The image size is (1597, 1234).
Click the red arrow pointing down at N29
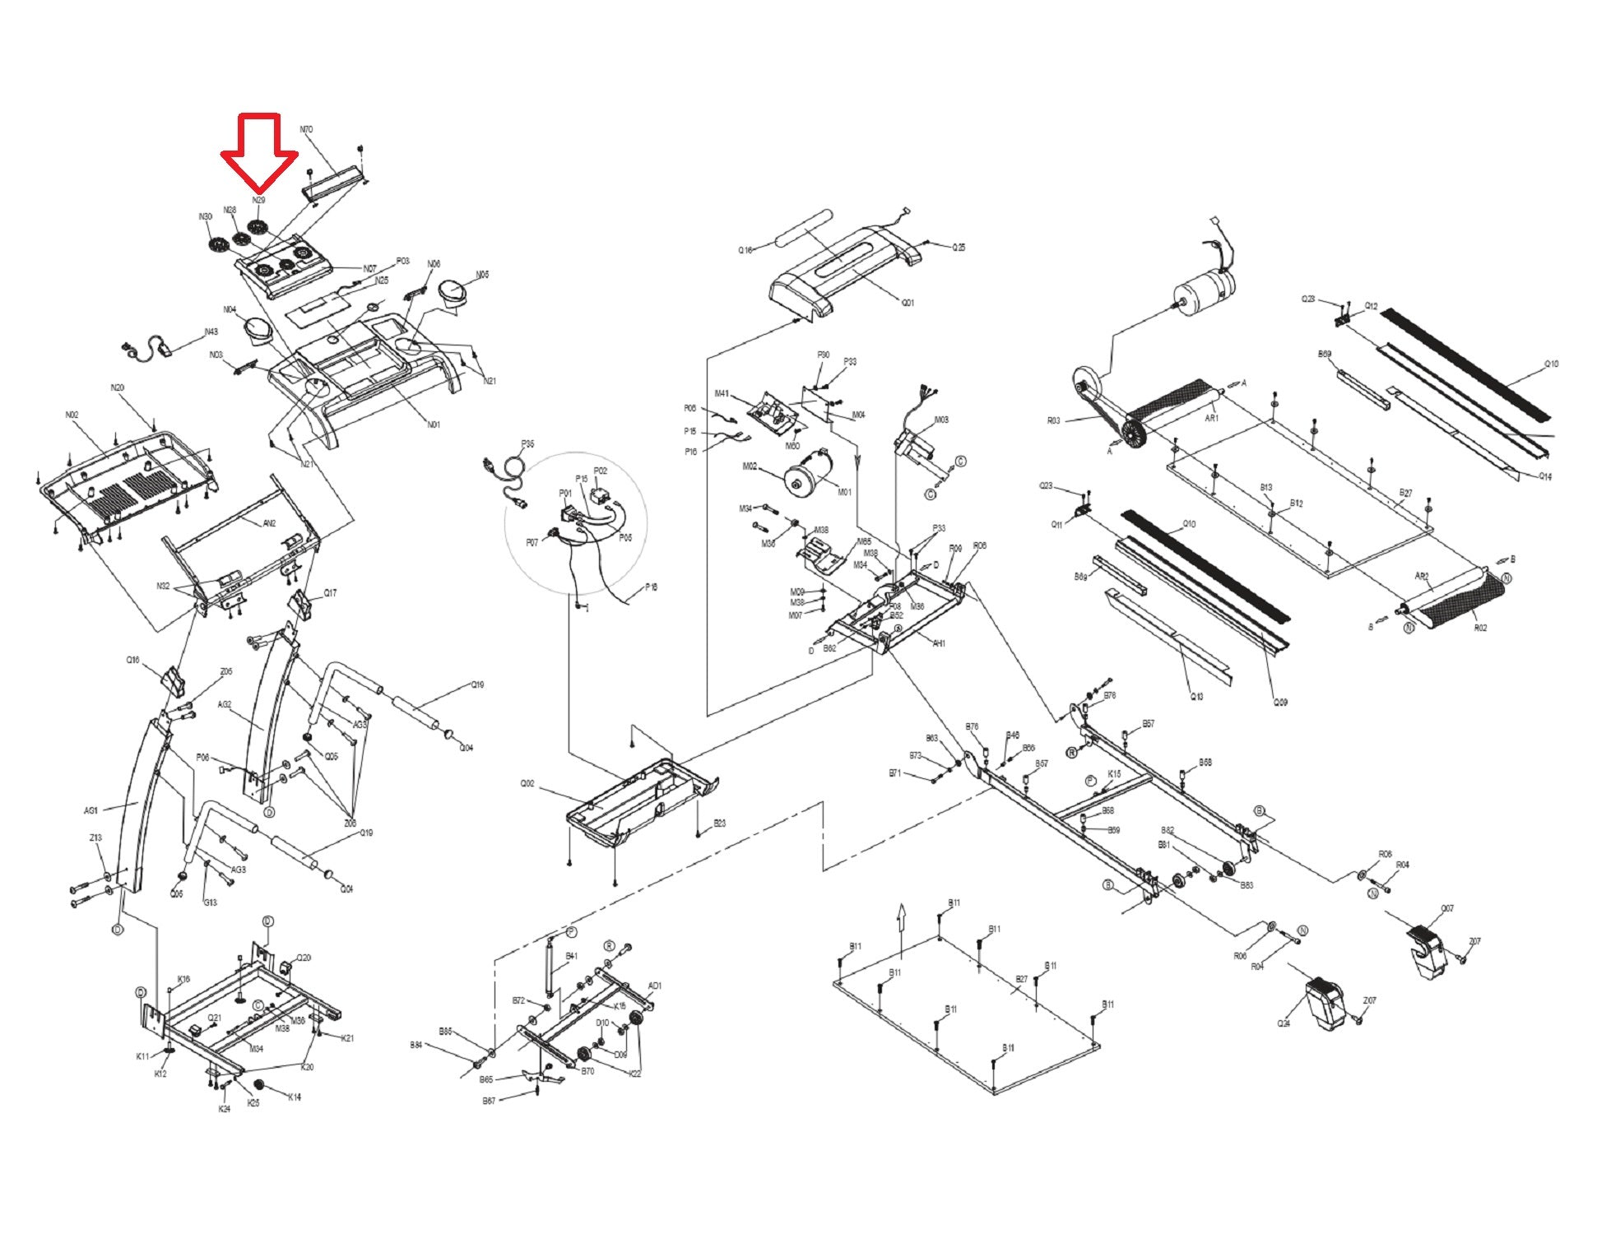(x=258, y=152)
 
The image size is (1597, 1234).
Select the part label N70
(x=306, y=130)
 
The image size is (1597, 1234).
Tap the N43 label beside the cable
(x=211, y=332)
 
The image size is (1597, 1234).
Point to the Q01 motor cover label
(x=907, y=303)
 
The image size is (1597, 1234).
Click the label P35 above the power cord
(x=527, y=444)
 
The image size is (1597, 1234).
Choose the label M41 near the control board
(x=722, y=394)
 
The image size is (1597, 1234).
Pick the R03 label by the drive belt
(x=1054, y=420)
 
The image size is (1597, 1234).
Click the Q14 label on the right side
(x=1545, y=476)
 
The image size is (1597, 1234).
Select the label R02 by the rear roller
(x=1480, y=628)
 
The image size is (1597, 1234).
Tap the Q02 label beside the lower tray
(x=527, y=783)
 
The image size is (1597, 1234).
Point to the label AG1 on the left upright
(x=91, y=810)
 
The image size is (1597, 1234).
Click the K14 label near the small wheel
(x=295, y=1097)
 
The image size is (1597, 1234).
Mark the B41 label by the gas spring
(x=572, y=957)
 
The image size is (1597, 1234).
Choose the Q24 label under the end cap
(x=1284, y=1023)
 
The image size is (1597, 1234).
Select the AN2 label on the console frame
(x=269, y=523)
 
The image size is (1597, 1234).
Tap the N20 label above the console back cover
(x=118, y=387)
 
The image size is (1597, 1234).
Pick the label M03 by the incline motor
(x=941, y=420)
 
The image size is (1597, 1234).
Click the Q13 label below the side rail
(x=1197, y=697)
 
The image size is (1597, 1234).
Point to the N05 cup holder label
(x=482, y=275)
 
